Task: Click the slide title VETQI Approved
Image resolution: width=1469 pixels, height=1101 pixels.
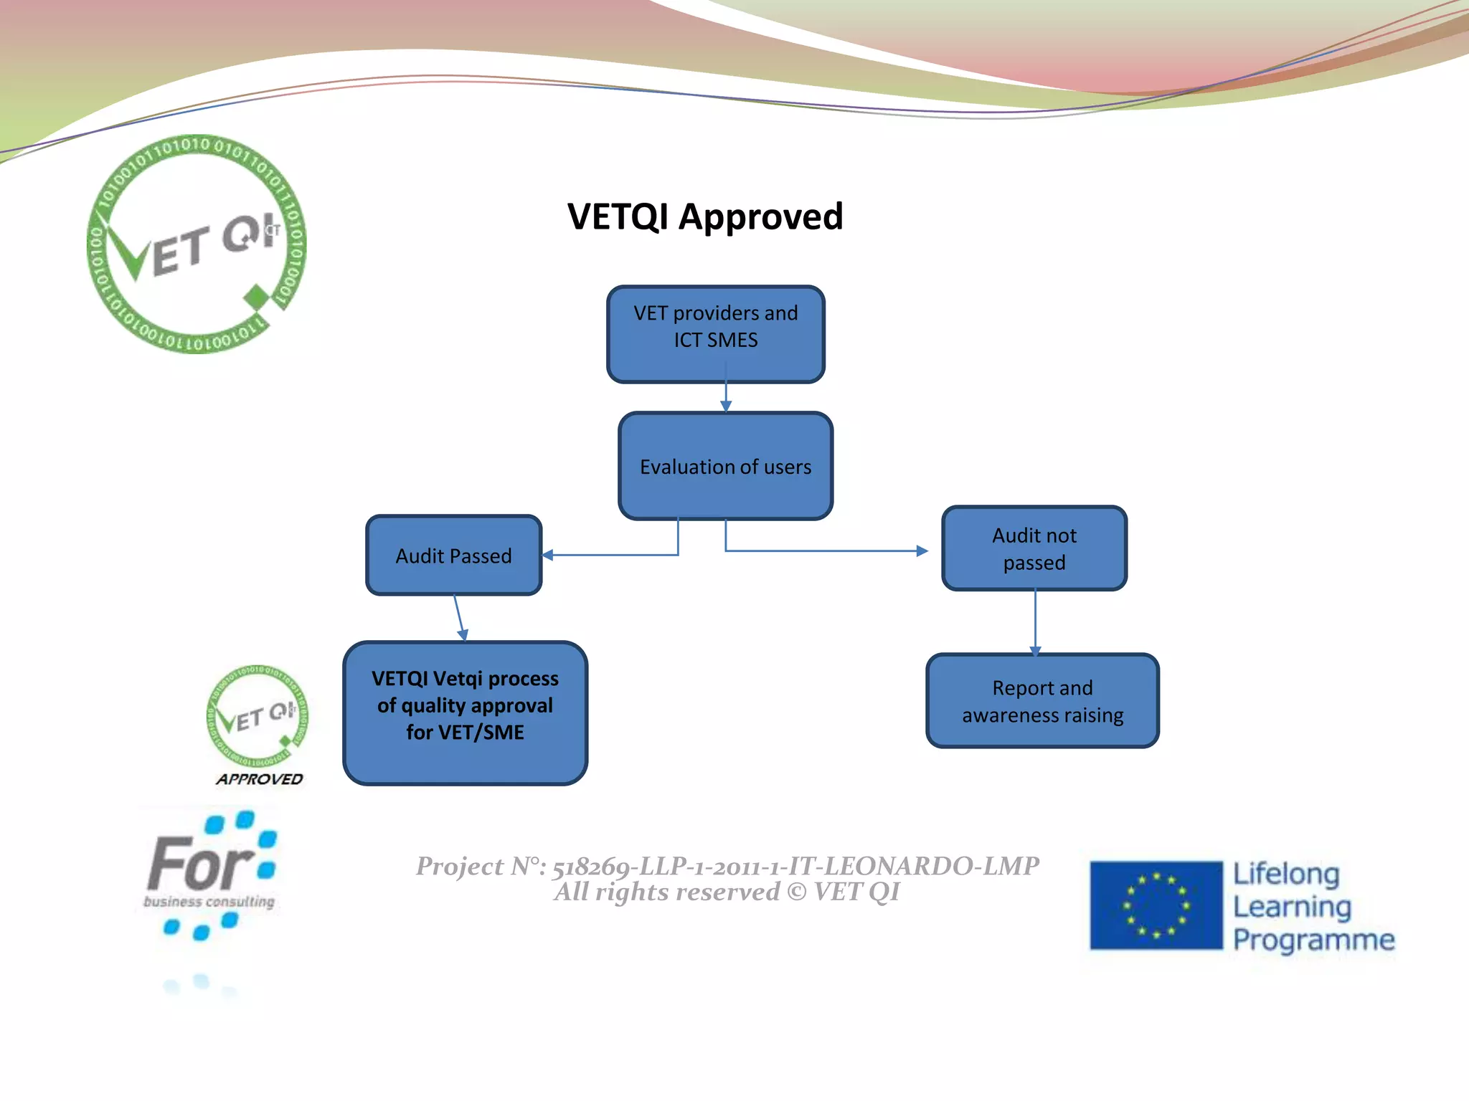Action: click(704, 216)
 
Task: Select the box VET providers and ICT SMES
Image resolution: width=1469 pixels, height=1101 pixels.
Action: click(715, 333)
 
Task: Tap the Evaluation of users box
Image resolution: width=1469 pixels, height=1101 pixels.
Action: click(725, 467)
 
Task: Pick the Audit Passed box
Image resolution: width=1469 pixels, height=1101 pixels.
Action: click(453, 556)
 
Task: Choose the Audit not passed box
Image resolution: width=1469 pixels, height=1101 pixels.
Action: click(1034, 548)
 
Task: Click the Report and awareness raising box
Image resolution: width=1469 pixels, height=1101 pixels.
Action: click(1041, 701)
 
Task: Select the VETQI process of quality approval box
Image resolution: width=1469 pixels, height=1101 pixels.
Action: click(465, 712)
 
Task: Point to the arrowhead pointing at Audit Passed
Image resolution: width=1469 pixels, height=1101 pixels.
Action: click(548, 555)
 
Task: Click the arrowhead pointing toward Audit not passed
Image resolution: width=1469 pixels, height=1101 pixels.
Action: click(922, 550)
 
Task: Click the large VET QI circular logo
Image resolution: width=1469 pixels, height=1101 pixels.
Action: click(196, 244)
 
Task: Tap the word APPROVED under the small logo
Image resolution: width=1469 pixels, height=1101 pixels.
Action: click(259, 779)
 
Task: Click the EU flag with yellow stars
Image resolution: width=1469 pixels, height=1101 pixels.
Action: click(1156, 905)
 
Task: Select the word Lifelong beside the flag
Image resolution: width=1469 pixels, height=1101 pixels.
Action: click(1285, 874)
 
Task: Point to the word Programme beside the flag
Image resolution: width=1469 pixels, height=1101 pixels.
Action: click(1313, 939)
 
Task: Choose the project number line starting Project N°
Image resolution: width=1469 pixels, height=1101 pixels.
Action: click(727, 867)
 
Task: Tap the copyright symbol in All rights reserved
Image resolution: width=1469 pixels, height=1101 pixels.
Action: click(796, 892)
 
